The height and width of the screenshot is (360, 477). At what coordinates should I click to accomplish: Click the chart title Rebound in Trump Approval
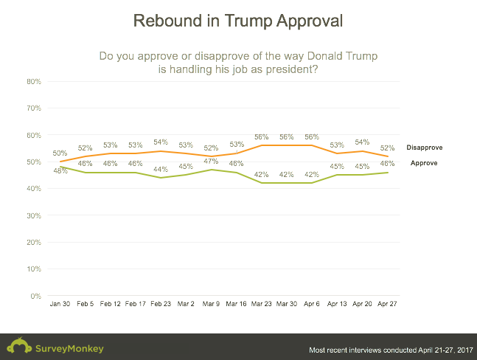(x=237, y=21)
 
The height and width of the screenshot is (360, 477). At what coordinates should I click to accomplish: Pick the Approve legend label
(x=425, y=162)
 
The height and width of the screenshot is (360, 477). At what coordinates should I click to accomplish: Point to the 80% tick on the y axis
(x=33, y=81)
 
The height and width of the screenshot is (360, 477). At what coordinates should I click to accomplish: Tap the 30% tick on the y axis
(x=33, y=215)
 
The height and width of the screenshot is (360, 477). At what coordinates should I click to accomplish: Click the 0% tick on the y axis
(x=35, y=296)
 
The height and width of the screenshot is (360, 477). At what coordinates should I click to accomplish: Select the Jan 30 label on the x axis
(x=60, y=304)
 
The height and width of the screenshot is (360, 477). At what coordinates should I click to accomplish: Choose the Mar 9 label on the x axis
(x=212, y=304)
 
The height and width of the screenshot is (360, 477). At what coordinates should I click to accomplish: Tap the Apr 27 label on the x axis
(x=389, y=304)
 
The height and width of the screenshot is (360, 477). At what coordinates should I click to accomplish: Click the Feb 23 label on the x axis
(x=161, y=304)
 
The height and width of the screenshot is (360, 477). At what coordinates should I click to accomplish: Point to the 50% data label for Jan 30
(x=60, y=153)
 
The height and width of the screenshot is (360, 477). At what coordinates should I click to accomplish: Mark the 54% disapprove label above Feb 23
(x=161, y=142)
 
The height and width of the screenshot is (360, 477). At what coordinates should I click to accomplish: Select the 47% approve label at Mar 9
(x=212, y=161)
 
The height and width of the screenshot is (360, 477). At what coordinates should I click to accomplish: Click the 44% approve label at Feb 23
(x=161, y=169)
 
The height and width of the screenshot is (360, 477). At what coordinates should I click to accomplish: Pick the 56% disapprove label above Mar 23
(x=262, y=137)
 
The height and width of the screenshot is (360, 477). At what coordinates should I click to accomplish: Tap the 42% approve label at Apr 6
(x=312, y=174)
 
